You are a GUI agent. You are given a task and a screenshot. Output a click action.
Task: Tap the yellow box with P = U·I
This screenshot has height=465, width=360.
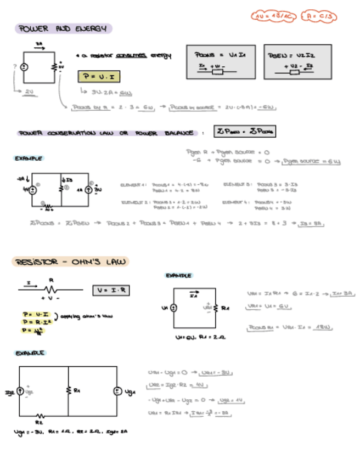point(99,77)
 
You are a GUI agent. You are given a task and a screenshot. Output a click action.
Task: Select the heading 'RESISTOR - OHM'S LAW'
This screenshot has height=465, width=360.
point(70,262)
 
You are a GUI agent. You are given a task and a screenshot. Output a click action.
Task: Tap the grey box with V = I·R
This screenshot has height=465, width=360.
point(111,289)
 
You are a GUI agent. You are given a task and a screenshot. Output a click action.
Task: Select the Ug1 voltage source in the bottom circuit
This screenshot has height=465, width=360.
point(116,392)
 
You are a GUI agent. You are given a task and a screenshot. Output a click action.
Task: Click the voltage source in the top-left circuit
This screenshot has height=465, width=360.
point(24,67)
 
